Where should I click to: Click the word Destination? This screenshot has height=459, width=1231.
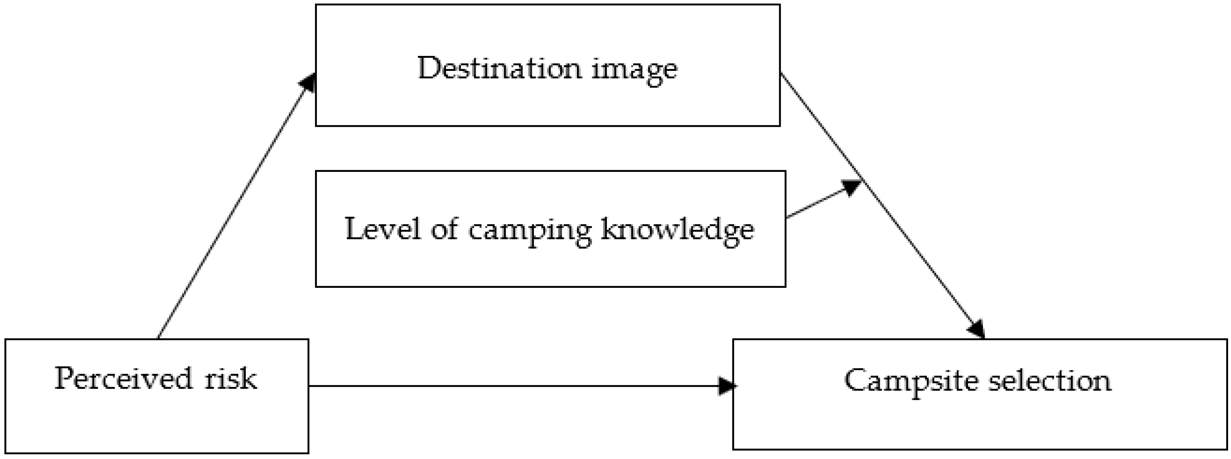pyautogui.click(x=499, y=68)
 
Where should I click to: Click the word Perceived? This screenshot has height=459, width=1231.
pyautogui.click(x=123, y=379)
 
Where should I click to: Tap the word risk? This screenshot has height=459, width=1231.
pyautogui.click(x=230, y=379)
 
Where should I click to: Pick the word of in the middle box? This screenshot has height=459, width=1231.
pyautogui.click(x=445, y=229)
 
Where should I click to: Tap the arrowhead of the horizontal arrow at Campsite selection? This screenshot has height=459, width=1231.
pyautogui.click(x=726, y=386)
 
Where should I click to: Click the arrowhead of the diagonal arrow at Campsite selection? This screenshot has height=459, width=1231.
pyautogui.click(x=976, y=330)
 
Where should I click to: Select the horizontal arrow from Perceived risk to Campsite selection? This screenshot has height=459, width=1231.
pyautogui.click(x=516, y=386)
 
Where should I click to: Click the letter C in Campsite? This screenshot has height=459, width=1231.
pyautogui.click(x=856, y=381)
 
